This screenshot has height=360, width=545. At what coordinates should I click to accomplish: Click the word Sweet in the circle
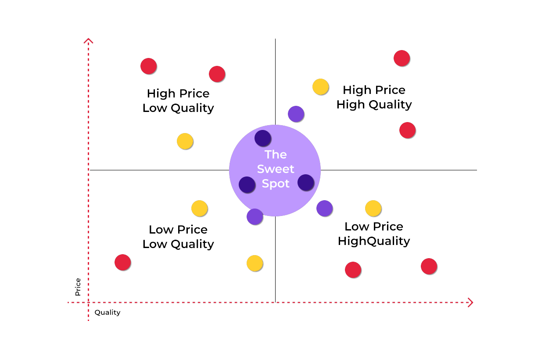(276, 169)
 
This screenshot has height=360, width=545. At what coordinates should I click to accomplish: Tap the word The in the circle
(276, 155)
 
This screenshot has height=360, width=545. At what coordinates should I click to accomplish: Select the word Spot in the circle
(276, 184)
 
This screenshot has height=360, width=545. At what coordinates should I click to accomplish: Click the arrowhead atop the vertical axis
(89, 41)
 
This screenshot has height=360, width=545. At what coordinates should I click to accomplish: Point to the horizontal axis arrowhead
(470, 302)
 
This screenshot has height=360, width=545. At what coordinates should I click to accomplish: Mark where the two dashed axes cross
(89, 302)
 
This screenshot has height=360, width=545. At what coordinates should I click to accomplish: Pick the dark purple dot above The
(262, 138)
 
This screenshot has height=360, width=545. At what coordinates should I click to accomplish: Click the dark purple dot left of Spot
(247, 184)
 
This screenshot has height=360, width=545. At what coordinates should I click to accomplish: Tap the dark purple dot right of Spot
(305, 182)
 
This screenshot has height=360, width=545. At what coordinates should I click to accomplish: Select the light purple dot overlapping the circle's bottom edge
(255, 216)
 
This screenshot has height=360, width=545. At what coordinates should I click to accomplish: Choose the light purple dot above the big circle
(296, 114)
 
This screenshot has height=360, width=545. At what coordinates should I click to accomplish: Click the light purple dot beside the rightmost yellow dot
(324, 208)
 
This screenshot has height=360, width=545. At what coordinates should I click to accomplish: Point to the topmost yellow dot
(320, 86)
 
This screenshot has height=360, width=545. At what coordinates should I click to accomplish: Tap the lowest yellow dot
(255, 263)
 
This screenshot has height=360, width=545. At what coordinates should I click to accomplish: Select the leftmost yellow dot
(185, 141)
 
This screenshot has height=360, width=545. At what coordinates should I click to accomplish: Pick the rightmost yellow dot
(373, 208)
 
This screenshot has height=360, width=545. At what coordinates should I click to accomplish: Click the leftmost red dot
(122, 262)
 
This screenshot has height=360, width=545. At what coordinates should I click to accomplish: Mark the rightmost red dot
(429, 266)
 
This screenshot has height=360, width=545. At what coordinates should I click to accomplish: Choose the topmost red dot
(402, 58)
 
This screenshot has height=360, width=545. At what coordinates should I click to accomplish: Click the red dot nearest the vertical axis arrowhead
(148, 66)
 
